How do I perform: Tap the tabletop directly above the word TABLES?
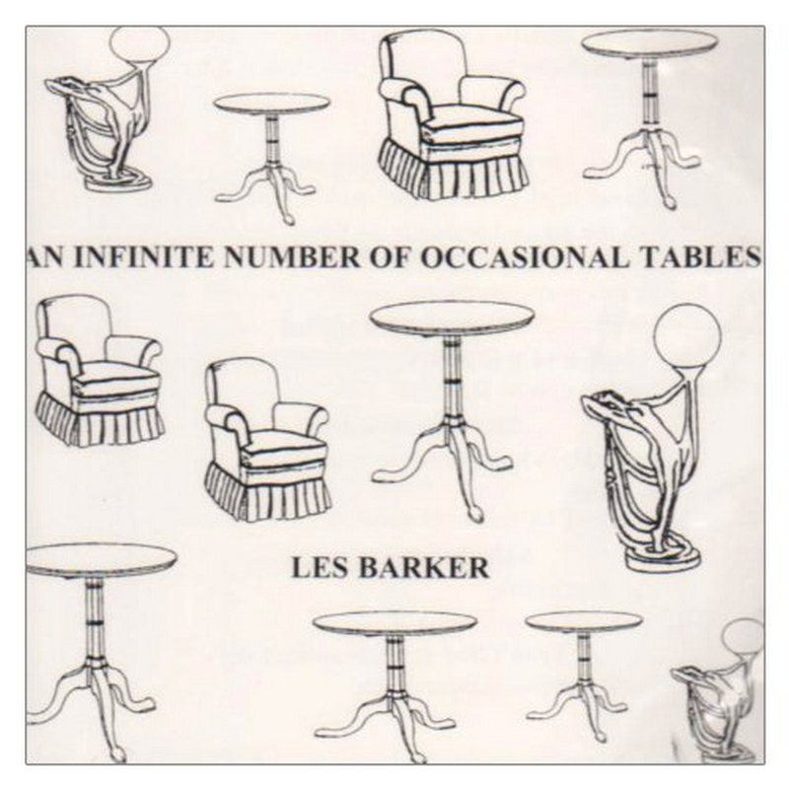[x=649, y=42]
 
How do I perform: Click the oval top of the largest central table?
[x=451, y=318]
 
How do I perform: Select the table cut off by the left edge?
[x=84, y=641]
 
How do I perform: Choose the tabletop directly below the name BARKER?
[x=394, y=622]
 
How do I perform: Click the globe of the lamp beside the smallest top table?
[x=138, y=45]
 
